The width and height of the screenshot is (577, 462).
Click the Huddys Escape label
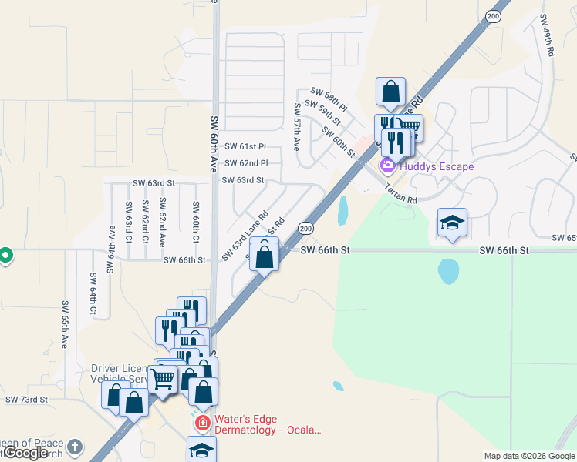(437, 166)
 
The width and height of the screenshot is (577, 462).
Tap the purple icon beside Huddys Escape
(387, 166)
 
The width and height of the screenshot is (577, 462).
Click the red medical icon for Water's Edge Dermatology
(202, 423)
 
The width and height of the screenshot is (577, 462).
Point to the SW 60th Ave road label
(214, 143)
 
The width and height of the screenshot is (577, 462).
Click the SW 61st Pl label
(245, 146)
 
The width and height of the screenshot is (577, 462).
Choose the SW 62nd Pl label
(245, 163)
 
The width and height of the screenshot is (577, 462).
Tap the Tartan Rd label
(401, 195)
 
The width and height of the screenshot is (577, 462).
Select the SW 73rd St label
(26, 400)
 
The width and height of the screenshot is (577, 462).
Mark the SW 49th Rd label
(547, 37)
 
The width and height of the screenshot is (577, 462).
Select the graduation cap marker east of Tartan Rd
(452, 223)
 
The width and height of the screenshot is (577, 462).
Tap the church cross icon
(74, 447)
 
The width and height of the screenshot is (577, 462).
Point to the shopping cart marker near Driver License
(162, 378)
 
